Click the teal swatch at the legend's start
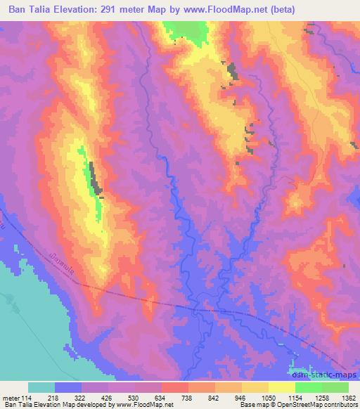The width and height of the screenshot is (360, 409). coord(41,387)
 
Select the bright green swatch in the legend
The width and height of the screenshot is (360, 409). coord(308,387)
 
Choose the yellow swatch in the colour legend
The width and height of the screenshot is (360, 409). coord(281,387)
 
